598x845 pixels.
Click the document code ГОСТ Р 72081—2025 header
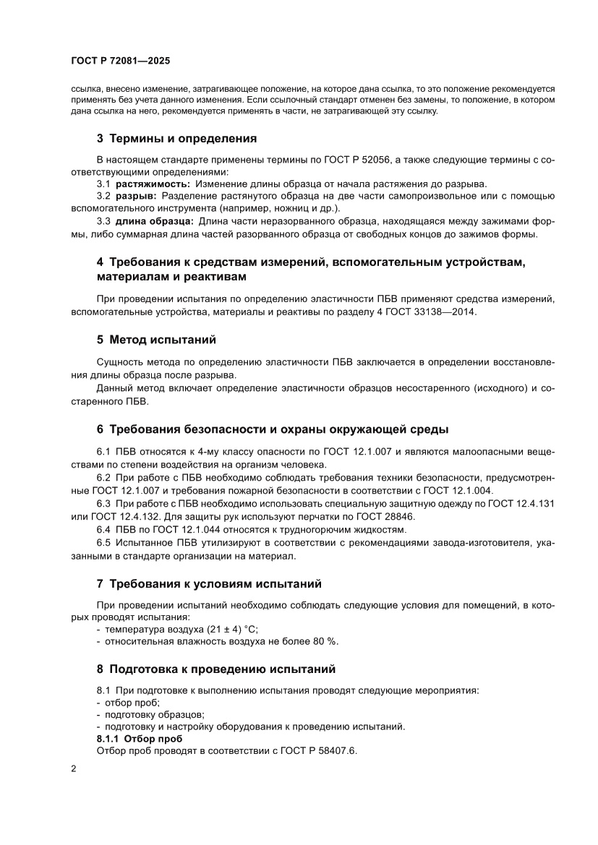click(121, 62)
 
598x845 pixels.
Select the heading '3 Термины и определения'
click(177, 138)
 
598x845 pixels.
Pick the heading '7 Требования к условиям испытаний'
click(209, 583)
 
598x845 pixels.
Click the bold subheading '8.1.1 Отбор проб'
click(134, 739)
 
